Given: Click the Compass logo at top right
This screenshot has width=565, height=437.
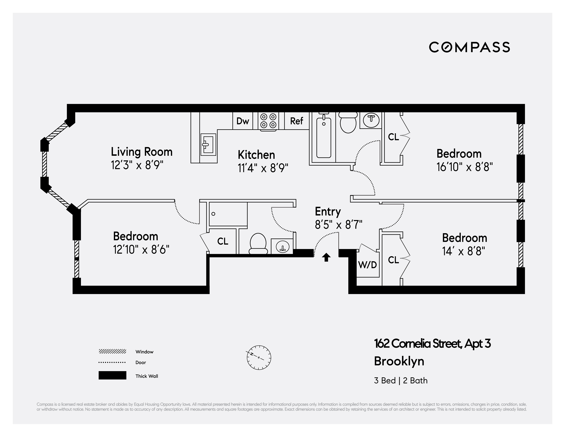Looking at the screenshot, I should coord(469,47).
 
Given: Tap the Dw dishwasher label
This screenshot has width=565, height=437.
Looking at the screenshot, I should coord(243,121).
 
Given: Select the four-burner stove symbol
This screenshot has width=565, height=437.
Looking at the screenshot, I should coord(268,121).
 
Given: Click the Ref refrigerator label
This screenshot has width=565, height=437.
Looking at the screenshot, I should coord(296,121).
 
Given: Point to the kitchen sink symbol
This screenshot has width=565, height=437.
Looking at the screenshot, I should coord(208,144).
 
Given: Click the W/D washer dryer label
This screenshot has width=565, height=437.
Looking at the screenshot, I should coord(367,265).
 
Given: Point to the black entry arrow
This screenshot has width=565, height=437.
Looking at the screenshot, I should coord(326,257).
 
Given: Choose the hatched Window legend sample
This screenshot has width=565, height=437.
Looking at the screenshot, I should coord(112,351).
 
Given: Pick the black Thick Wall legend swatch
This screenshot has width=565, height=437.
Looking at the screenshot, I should coord(112,375).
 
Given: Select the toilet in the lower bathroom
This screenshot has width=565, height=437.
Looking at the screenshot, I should coord(258,244).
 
